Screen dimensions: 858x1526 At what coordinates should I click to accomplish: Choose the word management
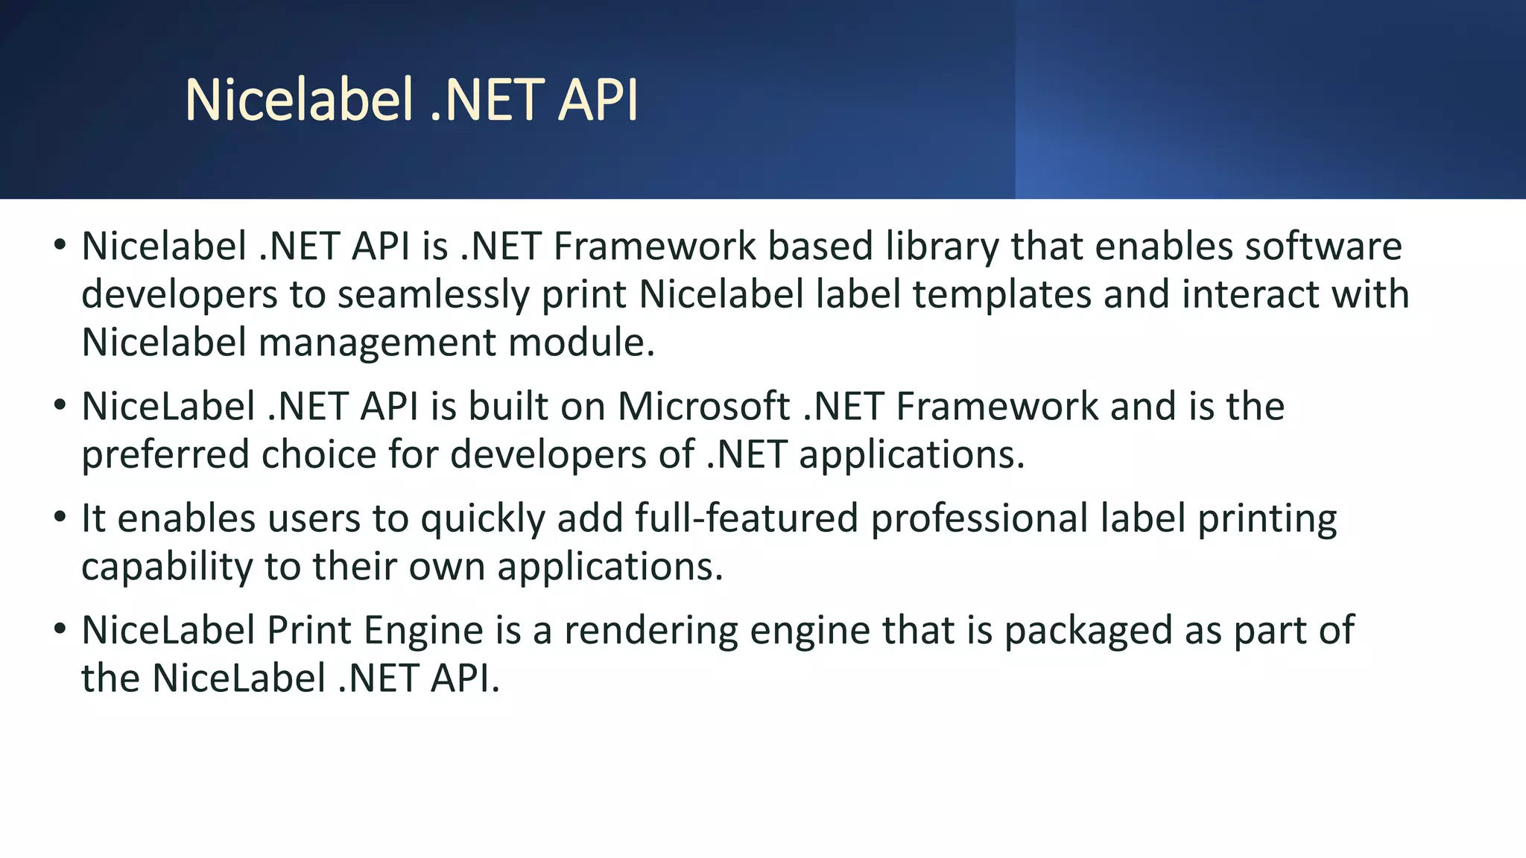click(377, 343)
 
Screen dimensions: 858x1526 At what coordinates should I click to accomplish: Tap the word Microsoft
click(703, 407)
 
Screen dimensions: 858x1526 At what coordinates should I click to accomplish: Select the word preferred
click(165, 455)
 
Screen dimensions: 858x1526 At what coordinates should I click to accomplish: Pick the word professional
click(980, 519)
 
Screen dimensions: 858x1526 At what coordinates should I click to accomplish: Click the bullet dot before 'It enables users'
click(60, 516)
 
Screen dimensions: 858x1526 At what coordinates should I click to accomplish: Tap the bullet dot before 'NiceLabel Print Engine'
click(60, 628)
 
